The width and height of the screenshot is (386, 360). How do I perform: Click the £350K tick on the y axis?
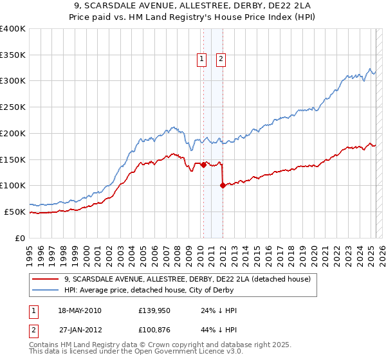[13, 55]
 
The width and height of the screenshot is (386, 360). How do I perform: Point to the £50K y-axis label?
[15, 212]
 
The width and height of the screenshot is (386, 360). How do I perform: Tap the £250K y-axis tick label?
[13, 107]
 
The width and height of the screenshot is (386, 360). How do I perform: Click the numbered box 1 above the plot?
[202, 59]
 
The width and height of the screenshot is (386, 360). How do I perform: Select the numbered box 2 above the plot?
[221, 59]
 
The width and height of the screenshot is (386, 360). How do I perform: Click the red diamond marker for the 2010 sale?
[203, 165]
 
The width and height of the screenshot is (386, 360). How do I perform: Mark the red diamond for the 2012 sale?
[223, 185]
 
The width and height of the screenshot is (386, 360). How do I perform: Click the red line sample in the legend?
[45, 279]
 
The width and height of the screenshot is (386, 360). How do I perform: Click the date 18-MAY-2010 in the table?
[80, 310]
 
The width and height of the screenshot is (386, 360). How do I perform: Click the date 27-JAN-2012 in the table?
[80, 330]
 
